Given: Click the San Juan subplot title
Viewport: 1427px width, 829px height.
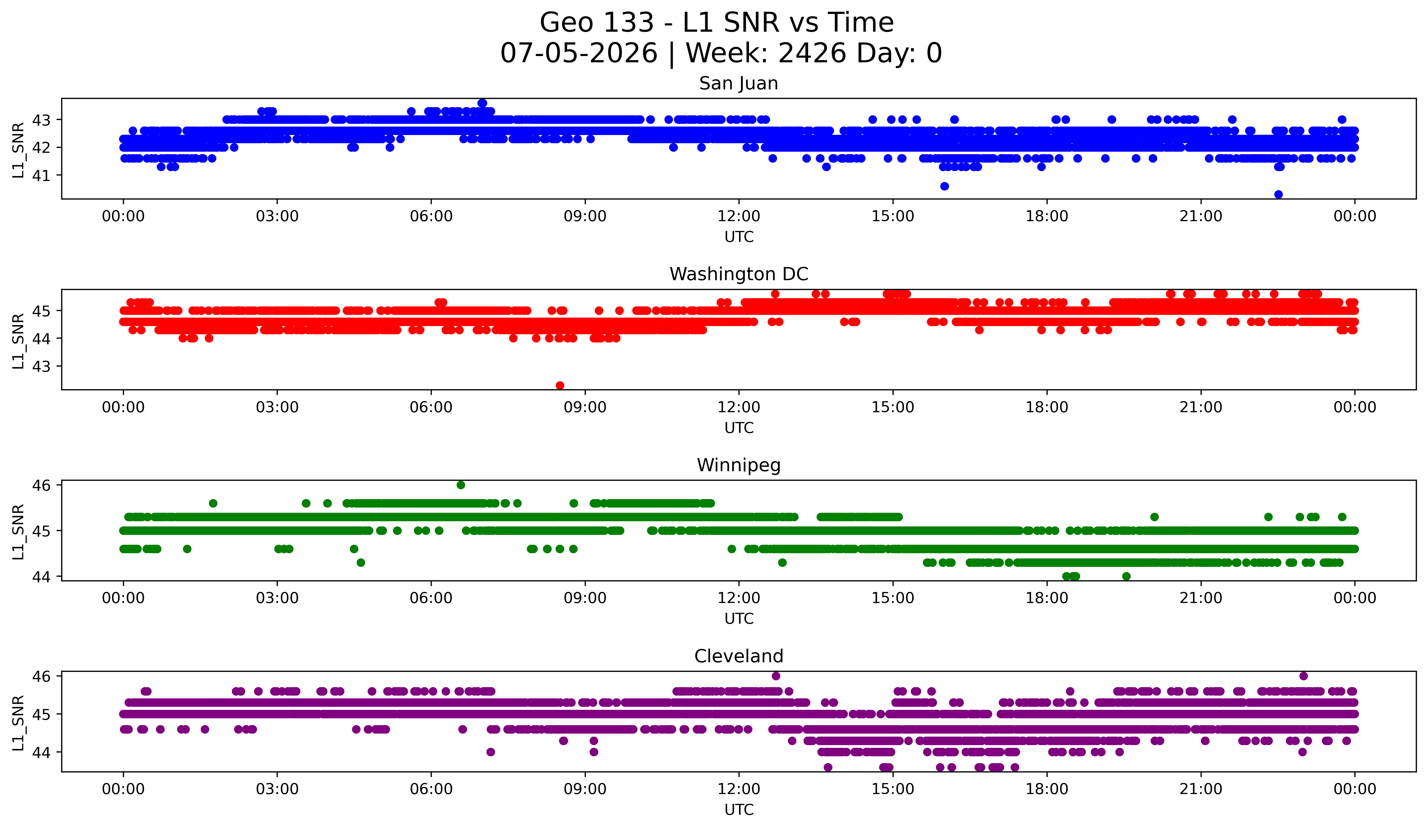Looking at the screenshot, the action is tap(738, 83).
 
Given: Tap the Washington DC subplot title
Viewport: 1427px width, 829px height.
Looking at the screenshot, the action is tap(738, 274).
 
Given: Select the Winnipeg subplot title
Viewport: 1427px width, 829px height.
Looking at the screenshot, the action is tap(738, 465).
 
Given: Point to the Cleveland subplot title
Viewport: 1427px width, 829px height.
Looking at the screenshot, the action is tap(738, 656).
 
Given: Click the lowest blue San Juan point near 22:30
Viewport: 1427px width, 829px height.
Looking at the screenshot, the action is tap(1278, 194).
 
